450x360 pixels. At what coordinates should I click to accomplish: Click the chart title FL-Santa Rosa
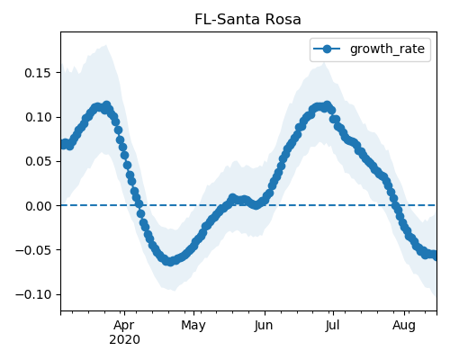click(x=247, y=20)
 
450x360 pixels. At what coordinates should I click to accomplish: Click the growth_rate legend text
click(x=387, y=49)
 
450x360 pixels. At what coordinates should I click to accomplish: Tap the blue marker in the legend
click(x=327, y=49)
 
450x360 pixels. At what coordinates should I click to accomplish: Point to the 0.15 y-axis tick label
click(x=38, y=73)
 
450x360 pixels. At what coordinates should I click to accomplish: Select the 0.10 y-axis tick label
click(x=38, y=117)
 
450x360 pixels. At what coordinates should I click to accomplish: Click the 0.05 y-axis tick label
click(x=38, y=162)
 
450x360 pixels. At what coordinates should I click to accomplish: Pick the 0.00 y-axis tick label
click(x=38, y=206)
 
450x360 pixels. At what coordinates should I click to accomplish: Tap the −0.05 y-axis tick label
click(x=33, y=250)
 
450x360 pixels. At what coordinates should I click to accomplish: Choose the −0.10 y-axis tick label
click(x=33, y=295)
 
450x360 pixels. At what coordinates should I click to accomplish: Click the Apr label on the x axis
click(x=124, y=326)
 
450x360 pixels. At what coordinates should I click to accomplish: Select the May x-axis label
click(x=193, y=326)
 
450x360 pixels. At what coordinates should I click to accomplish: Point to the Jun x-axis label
click(x=264, y=326)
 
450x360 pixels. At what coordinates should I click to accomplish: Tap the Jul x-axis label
click(x=332, y=326)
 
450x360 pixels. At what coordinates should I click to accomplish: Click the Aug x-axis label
click(x=404, y=326)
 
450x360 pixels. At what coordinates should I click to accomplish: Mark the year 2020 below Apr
click(x=124, y=340)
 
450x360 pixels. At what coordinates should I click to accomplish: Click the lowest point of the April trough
click(x=170, y=262)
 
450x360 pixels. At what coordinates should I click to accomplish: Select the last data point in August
click(x=435, y=256)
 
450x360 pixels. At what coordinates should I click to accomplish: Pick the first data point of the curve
click(x=64, y=144)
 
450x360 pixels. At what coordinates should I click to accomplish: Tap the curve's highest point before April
click(x=106, y=105)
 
